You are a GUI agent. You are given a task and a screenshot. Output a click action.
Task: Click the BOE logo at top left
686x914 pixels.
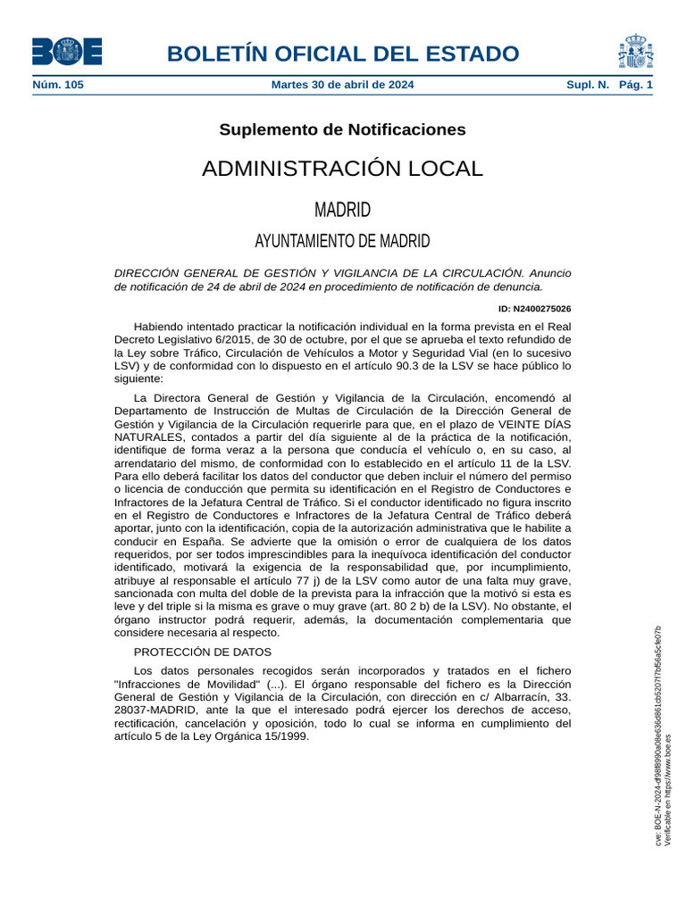[67, 51]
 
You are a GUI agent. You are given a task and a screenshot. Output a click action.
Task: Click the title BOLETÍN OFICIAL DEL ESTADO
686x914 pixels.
[343, 54]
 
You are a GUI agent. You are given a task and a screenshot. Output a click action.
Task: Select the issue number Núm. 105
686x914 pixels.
[59, 85]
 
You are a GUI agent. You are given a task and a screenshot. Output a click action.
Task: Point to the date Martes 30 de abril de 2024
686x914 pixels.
[342, 85]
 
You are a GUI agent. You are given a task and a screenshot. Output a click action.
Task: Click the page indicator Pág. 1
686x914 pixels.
[636, 85]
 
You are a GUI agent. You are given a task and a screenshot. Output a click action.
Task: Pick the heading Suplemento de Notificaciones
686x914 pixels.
[342, 129]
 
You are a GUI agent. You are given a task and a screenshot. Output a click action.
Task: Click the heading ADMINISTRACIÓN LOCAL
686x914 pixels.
[342, 169]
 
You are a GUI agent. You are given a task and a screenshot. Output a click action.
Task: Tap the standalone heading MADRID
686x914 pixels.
[342, 211]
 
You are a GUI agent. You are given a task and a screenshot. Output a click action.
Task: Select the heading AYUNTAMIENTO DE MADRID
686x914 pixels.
[342, 241]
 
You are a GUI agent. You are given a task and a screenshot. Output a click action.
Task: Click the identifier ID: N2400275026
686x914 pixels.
[535, 309]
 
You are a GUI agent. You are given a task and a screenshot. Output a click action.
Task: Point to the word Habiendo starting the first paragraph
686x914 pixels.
[160, 326]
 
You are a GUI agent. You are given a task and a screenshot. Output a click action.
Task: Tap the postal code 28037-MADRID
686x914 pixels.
[157, 710]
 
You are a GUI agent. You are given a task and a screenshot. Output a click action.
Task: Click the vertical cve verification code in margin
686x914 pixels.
[658, 736]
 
